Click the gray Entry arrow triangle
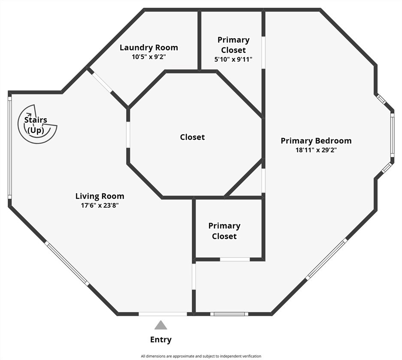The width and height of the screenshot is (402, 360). point(161,325)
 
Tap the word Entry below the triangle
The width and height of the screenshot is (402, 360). point(161,339)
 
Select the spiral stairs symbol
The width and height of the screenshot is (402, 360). point(37,124)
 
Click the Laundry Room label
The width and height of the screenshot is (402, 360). point(149,48)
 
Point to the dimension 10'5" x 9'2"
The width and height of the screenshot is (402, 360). point(149,57)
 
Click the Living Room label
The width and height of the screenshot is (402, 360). point(100,196)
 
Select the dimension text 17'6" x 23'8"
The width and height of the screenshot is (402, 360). point(100,206)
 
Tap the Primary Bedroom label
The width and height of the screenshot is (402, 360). point(316,141)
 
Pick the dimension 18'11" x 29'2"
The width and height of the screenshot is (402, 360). point(316,150)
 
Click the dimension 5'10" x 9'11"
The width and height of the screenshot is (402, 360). point(233,59)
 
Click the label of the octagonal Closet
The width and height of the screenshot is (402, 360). point(192,137)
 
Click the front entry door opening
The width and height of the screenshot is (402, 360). point(163,314)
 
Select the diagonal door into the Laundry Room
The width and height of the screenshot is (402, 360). point(102,82)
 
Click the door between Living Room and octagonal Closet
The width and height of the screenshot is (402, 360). point(128,135)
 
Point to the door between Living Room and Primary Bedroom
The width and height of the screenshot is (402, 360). point(194,277)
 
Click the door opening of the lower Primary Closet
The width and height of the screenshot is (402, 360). point(235,260)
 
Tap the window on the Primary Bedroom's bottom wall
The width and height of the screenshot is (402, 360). point(230,314)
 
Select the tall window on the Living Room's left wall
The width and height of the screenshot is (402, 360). point(10,148)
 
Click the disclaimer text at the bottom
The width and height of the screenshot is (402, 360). point(201,356)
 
